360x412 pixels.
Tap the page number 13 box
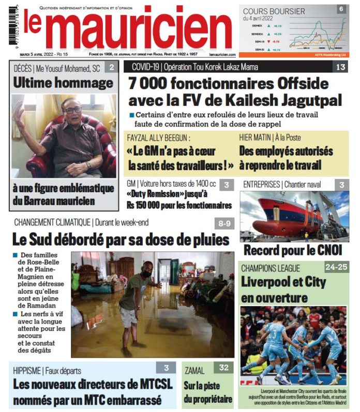coord(340,67)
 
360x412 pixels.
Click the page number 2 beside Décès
coord(111,67)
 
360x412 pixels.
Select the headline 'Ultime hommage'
coord(63,83)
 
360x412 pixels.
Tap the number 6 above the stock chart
coord(341,9)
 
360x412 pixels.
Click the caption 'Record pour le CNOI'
coord(293,250)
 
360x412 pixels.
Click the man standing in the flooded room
coord(136,305)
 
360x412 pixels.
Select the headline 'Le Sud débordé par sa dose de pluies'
coord(120,240)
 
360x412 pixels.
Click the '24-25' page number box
coord(336,267)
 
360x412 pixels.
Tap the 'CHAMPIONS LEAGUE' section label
coord(271,268)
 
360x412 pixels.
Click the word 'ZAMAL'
coord(194,371)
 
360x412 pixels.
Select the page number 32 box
coord(223,368)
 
